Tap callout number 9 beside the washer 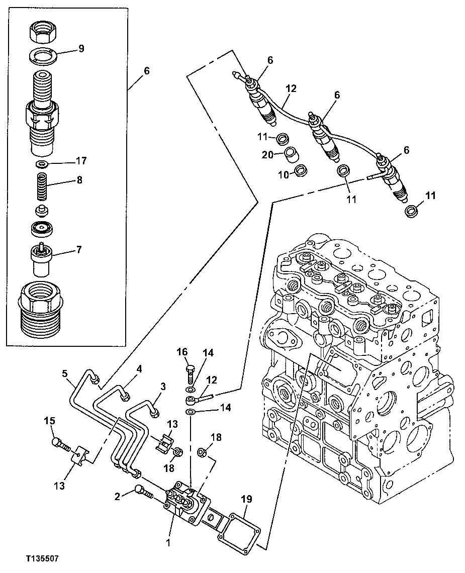point(81,49)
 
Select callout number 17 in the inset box point(81,161)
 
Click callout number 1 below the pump point(168,542)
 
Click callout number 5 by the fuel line point(65,373)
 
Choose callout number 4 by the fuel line point(139,368)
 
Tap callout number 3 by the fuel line point(163,386)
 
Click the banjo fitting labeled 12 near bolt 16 point(192,401)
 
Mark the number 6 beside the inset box point(146,71)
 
